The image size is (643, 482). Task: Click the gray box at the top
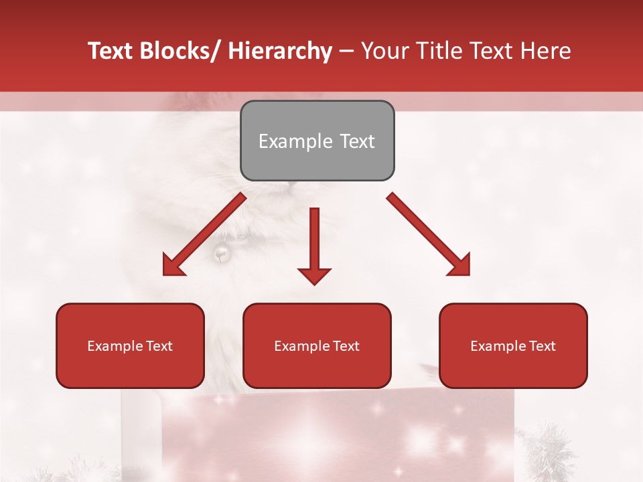pyautogui.click(x=317, y=141)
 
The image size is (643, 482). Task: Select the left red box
pyautogui.click(x=130, y=345)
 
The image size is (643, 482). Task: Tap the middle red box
pyautogui.click(x=317, y=345)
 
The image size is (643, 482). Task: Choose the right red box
pyautogui.click(x=513, y=345)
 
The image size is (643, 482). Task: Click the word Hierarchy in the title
pyautogui.click(x=280, y=51)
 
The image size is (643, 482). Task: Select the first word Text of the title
pyautogui.click(x=111, y=51)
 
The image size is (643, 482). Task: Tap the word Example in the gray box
pyautogui.click(x=295, y=141)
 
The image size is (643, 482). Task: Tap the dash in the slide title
pyautogui.click(x=346, y=51)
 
